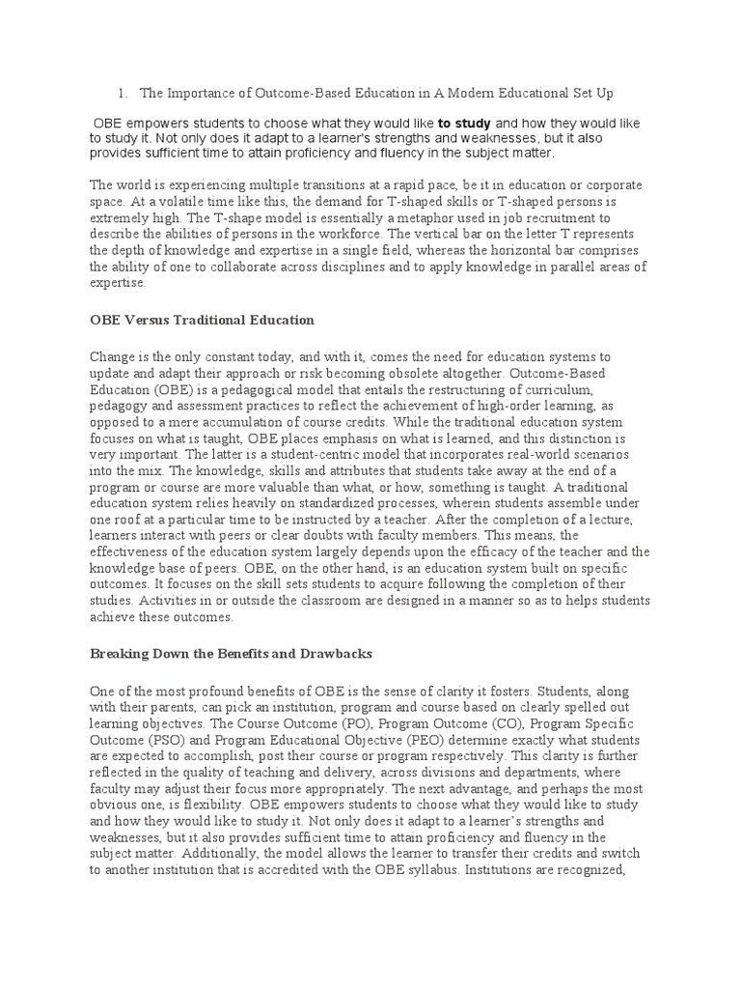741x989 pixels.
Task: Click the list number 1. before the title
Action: coord(123,94)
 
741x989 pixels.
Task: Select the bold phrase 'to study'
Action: coord(464,124)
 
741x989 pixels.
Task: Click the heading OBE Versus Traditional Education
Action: coord(202,319)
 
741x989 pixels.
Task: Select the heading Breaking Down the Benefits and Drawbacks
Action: coord(231,654)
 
